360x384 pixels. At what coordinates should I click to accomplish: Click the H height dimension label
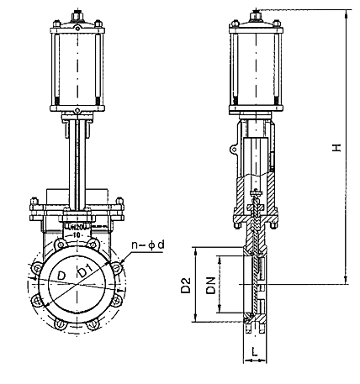pos(336,148)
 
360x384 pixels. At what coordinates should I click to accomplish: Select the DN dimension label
pos(213,286)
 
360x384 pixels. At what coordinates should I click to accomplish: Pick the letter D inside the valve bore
pos(61,276)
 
